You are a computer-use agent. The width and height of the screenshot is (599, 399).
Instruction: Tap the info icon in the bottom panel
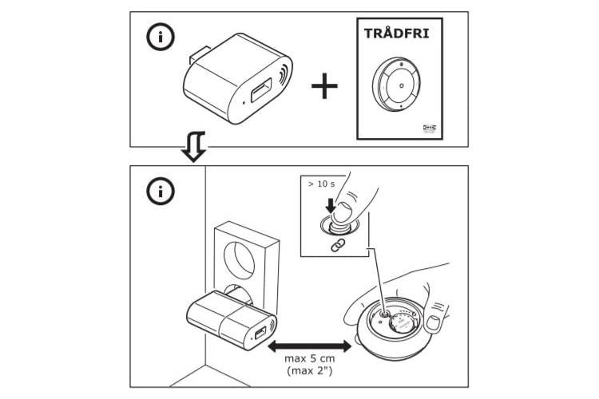[x=160, y=192]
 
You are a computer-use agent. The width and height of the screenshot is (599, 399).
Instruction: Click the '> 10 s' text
[x=323, y=184]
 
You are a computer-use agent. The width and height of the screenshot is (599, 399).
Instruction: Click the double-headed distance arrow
[x=309, y=346]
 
